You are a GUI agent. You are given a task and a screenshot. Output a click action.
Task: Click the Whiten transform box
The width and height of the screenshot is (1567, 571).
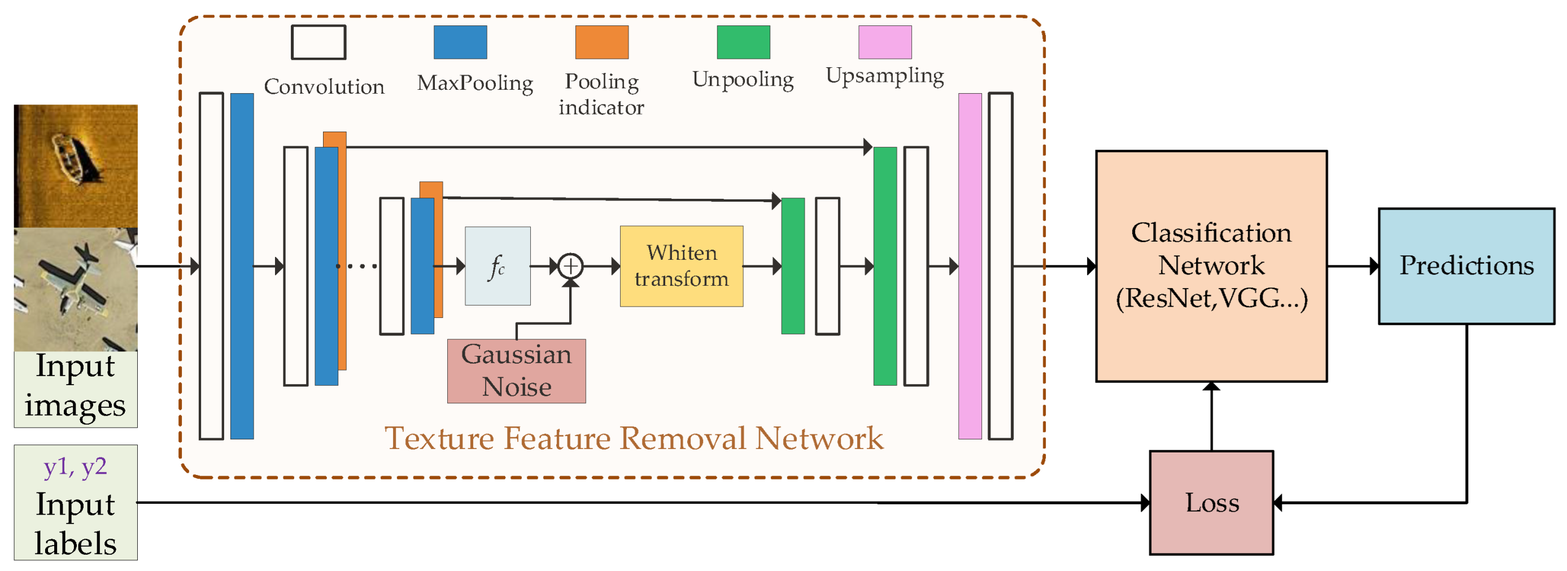click(x=682, y=266)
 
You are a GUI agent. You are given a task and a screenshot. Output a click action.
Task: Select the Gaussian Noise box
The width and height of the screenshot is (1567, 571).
click(x=516, y=371)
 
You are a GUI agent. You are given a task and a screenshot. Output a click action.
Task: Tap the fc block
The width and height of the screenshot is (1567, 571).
click(x=497, y=266)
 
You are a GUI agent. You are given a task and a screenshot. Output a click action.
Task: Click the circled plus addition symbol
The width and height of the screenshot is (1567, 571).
click(x=570, y=266)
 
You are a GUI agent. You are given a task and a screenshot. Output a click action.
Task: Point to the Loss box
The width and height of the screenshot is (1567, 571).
click(x=1211, y=503)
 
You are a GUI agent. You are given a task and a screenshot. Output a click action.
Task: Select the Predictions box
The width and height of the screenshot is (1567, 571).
click(x=1466, y=266)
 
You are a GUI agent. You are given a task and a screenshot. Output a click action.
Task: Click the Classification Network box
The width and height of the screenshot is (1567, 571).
click(x=1211, y=266)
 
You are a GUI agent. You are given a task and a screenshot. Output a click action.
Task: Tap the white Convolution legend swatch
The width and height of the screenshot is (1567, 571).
click(x=318, y=42)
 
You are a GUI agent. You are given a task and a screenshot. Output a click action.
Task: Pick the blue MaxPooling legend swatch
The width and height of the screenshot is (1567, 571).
click(x=460, y=42)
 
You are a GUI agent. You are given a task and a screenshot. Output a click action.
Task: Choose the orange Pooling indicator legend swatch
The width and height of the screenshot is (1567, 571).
click(x=601, y=42)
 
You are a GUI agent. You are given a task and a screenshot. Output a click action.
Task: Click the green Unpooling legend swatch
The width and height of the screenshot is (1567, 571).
click(x=743, y=42)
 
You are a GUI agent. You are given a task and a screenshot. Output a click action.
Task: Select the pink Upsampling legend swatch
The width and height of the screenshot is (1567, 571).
click(x=884, y=42)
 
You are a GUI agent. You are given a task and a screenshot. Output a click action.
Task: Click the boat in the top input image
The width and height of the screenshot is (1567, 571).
click(x=70, y=158)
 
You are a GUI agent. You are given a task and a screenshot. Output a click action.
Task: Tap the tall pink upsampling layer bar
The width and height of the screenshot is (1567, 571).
click(x=970, y=266)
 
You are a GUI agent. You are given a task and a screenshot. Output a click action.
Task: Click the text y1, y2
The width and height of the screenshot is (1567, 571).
click(x=76, y=467)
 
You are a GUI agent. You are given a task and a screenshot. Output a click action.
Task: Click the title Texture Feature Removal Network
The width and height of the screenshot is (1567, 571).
click(x=634, y=438)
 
